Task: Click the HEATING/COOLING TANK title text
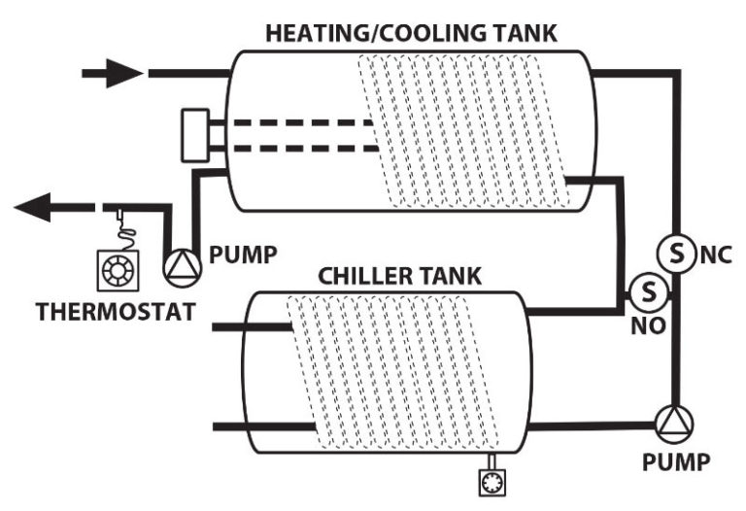tap(412, 32)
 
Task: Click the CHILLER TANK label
tap(400, 275)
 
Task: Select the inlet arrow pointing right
tap(111, 71)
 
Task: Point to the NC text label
tap(715, 255)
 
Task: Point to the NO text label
tap(650, 324)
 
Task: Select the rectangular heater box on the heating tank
tap(202, 134)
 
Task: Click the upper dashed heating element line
tap(301, 123)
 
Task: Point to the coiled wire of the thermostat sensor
tap(119, 232)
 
